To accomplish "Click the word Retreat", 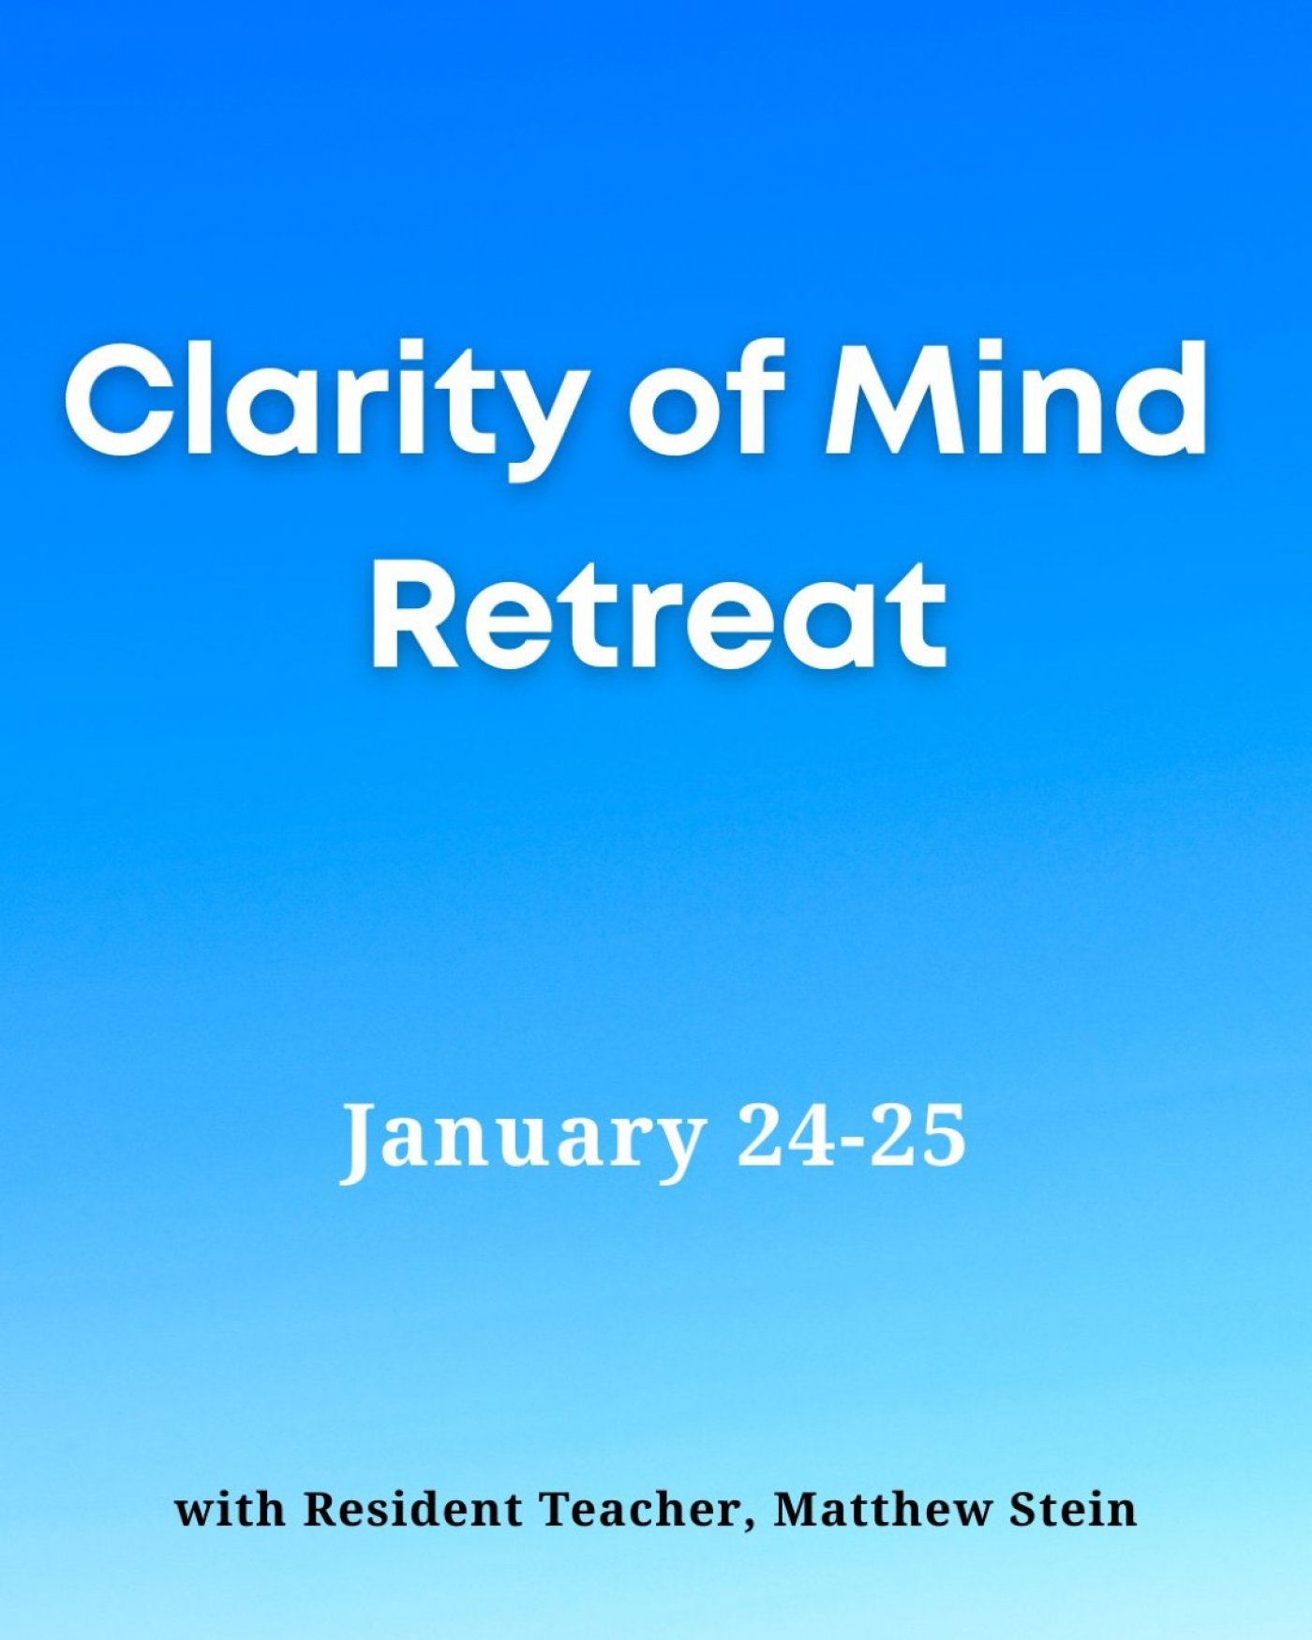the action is click(659, 615).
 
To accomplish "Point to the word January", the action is click(521, 1140).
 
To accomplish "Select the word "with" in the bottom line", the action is click(231, 1509).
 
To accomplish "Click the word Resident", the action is click(414, 1509).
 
